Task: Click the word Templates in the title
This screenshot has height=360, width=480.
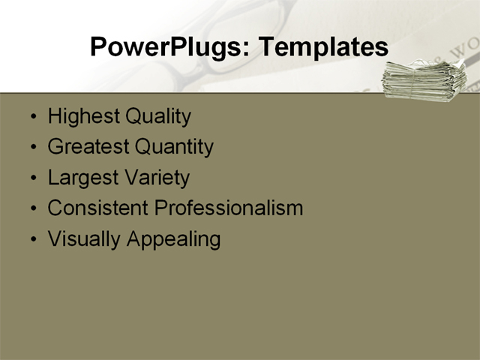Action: coord(323,47)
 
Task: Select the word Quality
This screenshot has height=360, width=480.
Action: coord(158,117)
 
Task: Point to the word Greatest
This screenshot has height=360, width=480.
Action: coord(88,147)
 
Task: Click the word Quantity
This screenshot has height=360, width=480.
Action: coord(175,147)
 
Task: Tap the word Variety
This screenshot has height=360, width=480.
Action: coord(158,178)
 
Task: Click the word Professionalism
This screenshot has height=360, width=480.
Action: coord(229,208)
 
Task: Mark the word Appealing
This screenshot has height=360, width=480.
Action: coord(173,239)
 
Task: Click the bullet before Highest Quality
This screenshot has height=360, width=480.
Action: coord(31,118)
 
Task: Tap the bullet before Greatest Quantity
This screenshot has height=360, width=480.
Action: coord(31,148)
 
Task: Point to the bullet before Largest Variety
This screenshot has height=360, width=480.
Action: coord(31,178)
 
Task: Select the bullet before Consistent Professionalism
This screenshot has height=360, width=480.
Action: coord(31,208)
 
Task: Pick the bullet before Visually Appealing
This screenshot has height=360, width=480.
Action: coord(31,239)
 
